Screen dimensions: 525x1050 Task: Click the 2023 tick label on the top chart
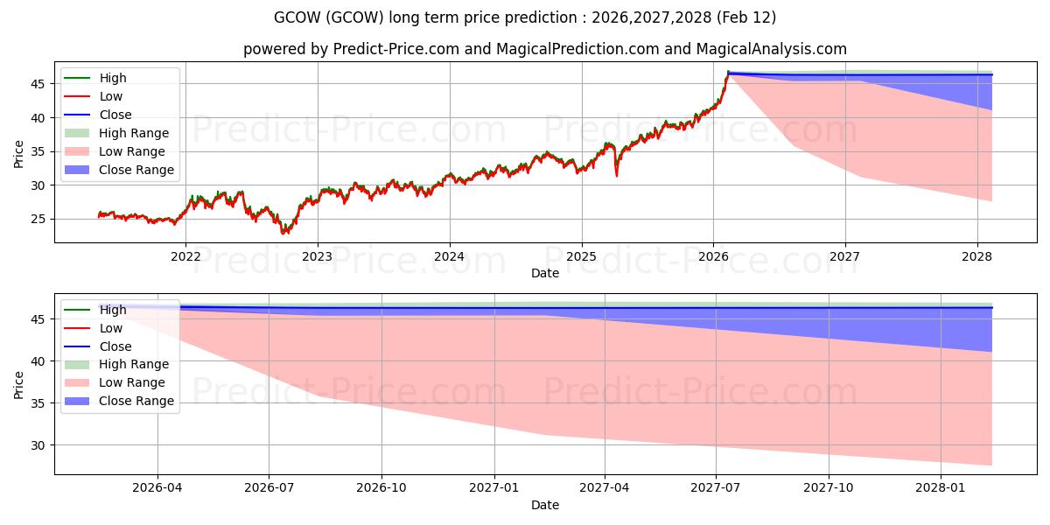click(x=317, y=256)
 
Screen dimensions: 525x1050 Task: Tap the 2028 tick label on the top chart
click(x=976, y=256)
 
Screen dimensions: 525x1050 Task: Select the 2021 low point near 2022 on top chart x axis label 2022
click(x=174, y=223)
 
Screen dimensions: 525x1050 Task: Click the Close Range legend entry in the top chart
click(x=136, y=170)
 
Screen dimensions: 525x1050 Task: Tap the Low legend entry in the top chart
click(x=111, y=96)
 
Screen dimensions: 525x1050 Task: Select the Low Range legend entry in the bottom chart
click(x=131, y=382)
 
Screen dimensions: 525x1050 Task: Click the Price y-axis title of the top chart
click(x=19, y=152)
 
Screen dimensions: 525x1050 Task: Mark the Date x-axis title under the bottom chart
click(x=544, y=505)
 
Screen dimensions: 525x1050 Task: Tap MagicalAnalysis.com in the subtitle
click(x=770, y=49)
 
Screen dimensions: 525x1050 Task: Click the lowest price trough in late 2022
click(x=283, y=233)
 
